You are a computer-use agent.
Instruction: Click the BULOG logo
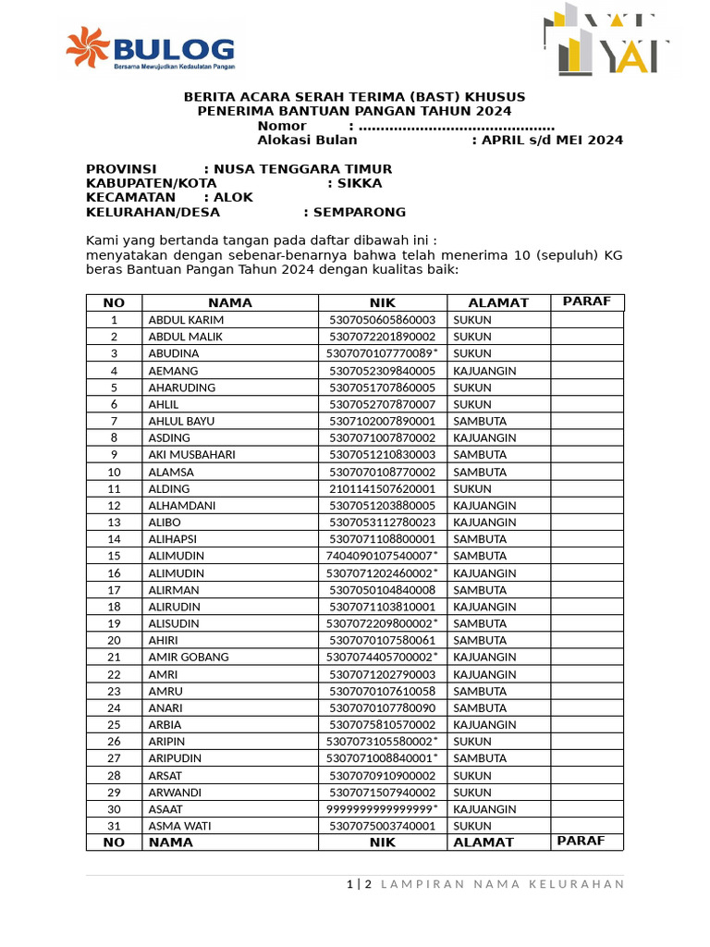(x=150, y=50)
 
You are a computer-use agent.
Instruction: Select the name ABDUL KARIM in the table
(x=186, y=320)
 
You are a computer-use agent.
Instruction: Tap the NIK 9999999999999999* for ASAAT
(x=382, y=809)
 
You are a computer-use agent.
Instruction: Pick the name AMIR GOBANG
(x=189, y=658)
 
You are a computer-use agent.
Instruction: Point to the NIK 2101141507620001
(x=382, y=488)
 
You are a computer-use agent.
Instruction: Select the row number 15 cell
(x=114, y=556)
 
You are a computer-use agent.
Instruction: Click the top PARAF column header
(x=587, y=302)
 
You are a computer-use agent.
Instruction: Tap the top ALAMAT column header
(x=498, y=302)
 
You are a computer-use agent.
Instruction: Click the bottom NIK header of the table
(x=382, y=842)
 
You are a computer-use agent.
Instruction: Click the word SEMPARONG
(x=360, y=212)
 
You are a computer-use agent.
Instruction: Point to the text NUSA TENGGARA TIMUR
(x=302, y=169)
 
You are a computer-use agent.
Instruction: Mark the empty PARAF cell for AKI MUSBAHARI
(x=587, y=455)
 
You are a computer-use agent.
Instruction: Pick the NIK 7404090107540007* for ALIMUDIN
(x=382, y=556)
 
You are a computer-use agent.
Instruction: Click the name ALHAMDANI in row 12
(x=181, y=506)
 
